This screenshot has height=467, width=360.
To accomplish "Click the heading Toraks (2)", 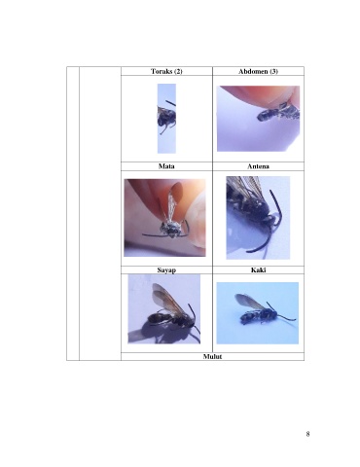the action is [x=166, y=71].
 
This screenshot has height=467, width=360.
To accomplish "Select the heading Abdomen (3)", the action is [x=258, y=71].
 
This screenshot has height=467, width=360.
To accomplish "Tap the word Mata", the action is [x=166, y=166].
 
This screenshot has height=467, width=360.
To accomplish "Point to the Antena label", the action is [x=258, y=166].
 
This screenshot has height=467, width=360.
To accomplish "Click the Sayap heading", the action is [x=166, y=270].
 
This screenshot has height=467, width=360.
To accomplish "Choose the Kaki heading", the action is [x=258, y=269].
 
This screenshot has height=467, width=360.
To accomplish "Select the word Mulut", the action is [x=212, y=356].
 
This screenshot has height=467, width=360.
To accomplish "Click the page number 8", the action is [x=307, y=434].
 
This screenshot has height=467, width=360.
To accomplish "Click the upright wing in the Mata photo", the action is [x=173, y=201].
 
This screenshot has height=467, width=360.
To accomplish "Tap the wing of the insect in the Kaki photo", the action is [x=248, y=301].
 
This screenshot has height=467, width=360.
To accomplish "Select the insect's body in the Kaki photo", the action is [x=258, y=316].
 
